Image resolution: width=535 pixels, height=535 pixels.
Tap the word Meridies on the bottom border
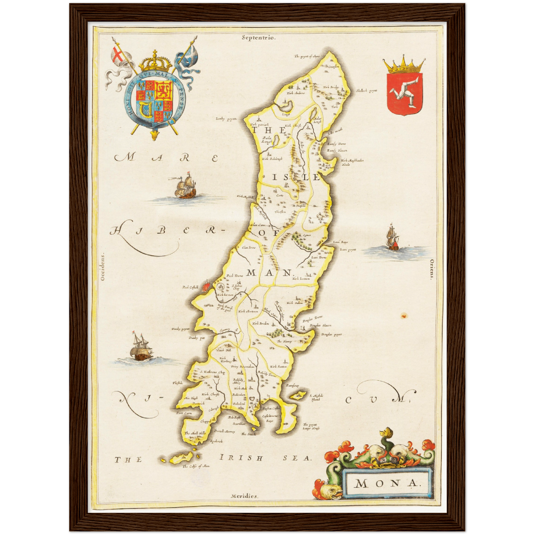(244, 496)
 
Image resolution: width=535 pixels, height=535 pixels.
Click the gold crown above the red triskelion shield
(404, 65)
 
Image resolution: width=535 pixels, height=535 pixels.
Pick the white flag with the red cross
(118, 54)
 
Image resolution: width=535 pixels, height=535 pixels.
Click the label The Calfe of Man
(196, 466)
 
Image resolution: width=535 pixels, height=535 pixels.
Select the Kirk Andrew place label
(296, 93)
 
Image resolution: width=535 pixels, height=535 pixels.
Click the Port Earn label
(184, 413)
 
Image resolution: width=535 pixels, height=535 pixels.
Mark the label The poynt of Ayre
(307, 57)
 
